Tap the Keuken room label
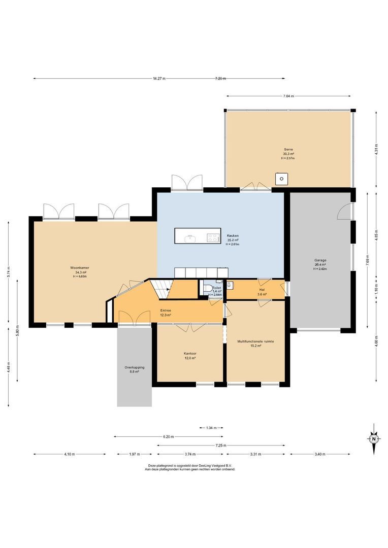coord(233,236)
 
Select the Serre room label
coord(288,150)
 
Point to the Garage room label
coord(320,260)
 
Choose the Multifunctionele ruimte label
coord(255,341)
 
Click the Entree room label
coord(166,311)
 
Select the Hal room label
coord(262,290)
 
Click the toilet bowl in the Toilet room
coord(206,289)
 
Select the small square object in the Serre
coord(281,179)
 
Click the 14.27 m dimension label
coord(159,79)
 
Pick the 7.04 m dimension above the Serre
coord(288,96)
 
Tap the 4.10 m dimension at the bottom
coord(70,454)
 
